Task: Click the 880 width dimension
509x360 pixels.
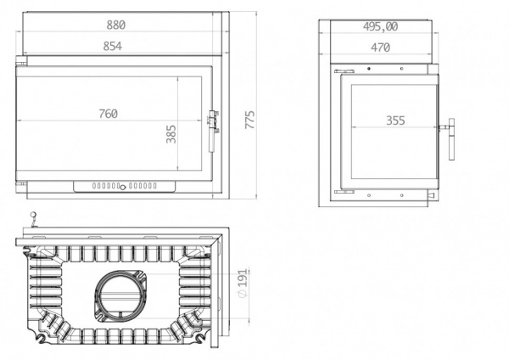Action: click(116, 25)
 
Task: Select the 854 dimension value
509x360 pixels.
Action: click(113, 46)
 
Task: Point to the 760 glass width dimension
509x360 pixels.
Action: click(109, 114)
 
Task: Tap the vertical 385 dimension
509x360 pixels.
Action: click(171, 134)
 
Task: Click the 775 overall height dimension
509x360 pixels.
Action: click(249, 120)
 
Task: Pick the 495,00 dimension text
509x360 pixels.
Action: click(380, 26)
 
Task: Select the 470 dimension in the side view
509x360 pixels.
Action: click(380, 48)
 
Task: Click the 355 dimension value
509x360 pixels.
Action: click(395, 121)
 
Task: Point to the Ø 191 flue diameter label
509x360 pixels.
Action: click(243, 283)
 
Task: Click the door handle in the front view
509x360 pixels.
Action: click(213, 131)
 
